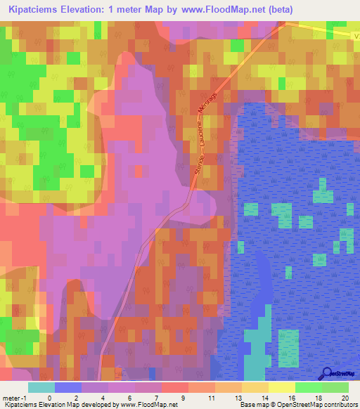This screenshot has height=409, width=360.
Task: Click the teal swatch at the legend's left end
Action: (41, 387)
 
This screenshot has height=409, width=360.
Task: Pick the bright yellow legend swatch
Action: (281, 387)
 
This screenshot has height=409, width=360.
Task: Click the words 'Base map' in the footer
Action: (252, 405)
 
